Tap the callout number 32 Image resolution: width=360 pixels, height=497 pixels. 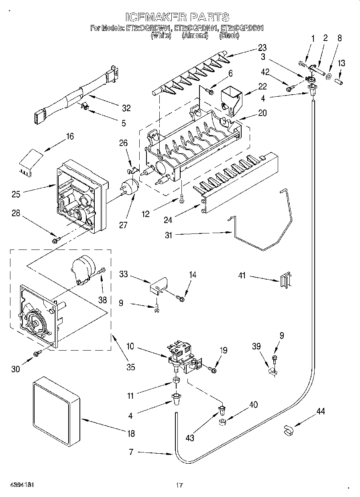(x=126, y=108)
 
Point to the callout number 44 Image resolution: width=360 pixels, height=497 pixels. (x=320, y=411)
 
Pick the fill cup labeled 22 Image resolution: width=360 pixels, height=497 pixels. (x=232, y=97)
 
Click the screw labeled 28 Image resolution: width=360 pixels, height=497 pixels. (x=56, y=240)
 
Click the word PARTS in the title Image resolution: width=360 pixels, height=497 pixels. (x=209, y=17)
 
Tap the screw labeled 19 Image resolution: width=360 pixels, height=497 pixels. (x=212, y=368)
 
